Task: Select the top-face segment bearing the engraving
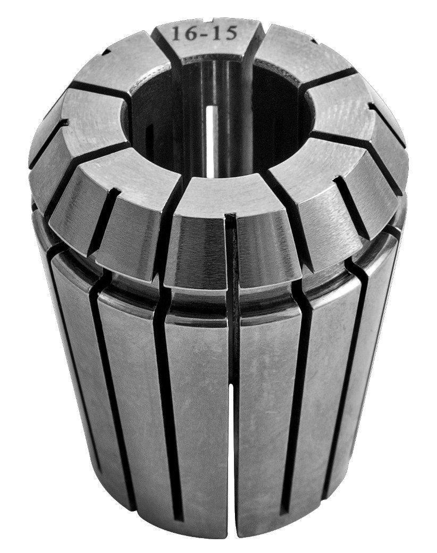[x=205, y=45]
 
